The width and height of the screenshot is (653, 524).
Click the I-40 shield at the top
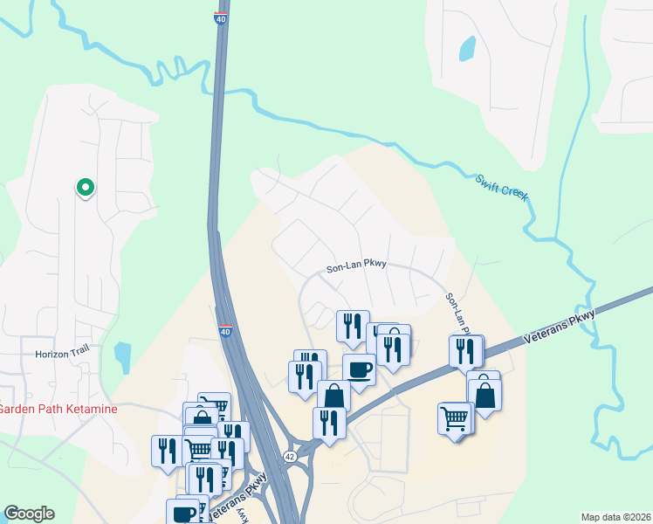[x=220, y=17]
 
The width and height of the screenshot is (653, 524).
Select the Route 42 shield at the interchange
[x=289, y=457]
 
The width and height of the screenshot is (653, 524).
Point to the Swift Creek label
[x=502, y=188]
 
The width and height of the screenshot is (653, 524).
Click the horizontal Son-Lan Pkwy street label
[x=356, y=266]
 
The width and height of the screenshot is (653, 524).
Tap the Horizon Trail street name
[x=62, y=354]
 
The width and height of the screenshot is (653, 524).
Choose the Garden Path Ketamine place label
[x=58, y=409]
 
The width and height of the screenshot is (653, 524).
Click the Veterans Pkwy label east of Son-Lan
[x=559, y=328]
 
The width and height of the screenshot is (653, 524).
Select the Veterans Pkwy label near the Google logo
[x=246, y=494]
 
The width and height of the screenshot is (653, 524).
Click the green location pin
[x=86, y=187]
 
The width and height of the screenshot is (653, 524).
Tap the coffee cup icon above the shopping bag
[x=359, y=369]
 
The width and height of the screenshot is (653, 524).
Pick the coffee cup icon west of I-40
[x=185, y=512]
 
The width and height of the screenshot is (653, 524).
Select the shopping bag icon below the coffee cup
[x=333, y=396]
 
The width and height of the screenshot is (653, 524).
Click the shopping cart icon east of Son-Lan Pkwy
[x=455, y=417]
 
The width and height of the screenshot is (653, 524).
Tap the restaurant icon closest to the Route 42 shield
[x=329, y=423]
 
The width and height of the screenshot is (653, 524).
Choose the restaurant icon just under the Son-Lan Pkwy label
[x=353, y=327]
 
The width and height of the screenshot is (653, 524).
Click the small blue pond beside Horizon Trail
[x=122, y=357]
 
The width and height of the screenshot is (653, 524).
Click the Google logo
[x=29, y=514]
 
